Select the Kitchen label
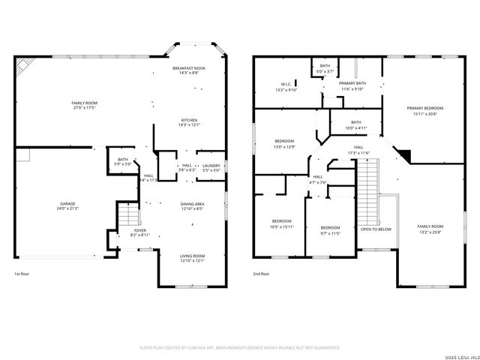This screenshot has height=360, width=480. [189, 122]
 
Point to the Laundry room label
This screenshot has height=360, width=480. [211, 167]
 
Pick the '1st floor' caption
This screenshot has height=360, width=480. [22, 274]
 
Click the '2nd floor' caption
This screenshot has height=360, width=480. [261, 274]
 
